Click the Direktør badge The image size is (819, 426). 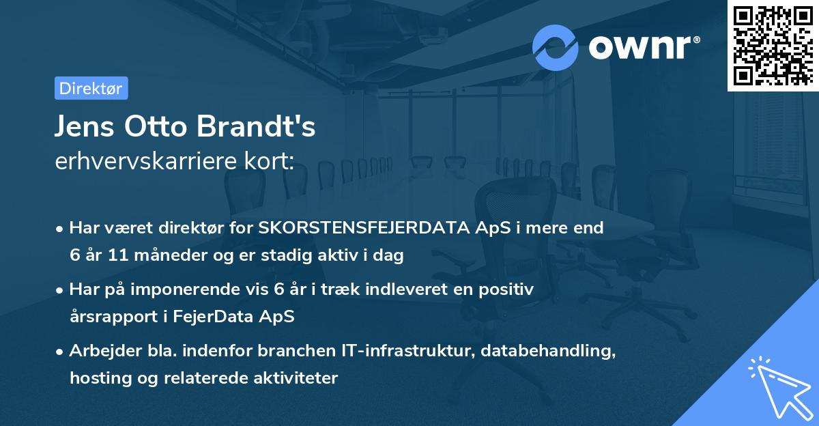point(91,88)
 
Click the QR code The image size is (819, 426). point(773,45)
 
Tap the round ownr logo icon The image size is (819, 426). point(555,47)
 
